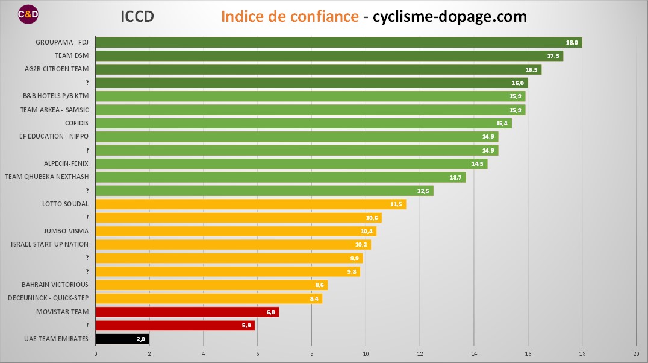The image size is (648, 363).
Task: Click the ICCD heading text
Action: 137,16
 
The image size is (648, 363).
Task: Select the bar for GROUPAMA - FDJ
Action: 338,42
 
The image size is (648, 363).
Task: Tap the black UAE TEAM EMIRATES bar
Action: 122,339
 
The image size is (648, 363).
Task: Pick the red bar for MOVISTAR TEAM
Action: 187,312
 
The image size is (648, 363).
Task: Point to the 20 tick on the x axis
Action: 636,353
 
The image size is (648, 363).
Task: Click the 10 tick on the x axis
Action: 366,353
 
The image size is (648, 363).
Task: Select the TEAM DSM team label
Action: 72,55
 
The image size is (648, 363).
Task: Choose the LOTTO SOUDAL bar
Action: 251,204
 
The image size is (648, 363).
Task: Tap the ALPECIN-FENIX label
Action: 66,163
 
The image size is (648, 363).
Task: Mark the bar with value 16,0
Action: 311,83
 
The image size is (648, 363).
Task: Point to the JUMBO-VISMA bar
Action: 235,231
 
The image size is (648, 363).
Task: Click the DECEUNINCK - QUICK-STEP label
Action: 48,298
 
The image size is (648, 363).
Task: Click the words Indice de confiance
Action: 290,16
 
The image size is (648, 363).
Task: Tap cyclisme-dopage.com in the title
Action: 450,16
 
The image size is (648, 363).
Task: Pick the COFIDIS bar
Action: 304,123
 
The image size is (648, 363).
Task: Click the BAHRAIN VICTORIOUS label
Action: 55,285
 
